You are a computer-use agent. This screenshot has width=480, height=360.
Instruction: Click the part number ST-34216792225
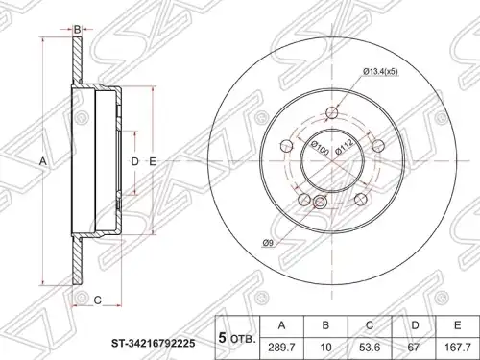(153, 344)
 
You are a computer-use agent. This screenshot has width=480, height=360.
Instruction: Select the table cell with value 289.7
(281, 348)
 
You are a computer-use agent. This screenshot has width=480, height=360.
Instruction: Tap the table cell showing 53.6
(370, 348)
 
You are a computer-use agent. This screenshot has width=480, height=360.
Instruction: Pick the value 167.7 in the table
(458, 348)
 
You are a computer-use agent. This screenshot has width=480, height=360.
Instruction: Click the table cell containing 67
(414, 348)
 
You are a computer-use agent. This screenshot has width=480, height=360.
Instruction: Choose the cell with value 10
(325, 348)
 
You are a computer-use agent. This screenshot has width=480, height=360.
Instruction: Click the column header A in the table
(281, 325)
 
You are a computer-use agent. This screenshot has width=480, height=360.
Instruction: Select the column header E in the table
(458, 325)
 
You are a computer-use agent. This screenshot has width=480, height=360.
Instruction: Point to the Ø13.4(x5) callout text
(380, 72)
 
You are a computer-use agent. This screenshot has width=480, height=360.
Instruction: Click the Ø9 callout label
(268, 244)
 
